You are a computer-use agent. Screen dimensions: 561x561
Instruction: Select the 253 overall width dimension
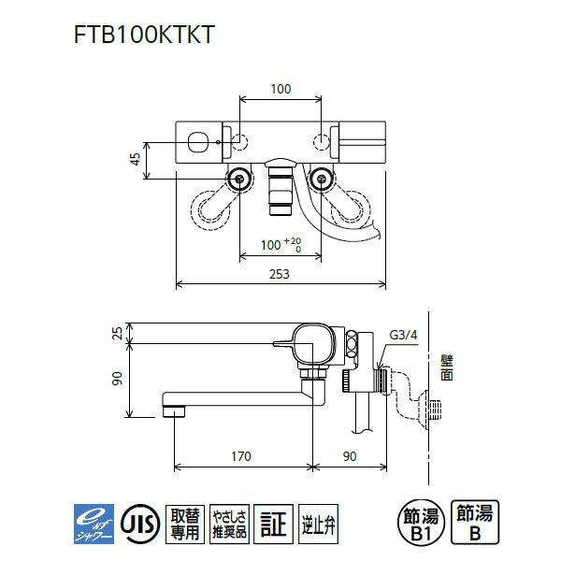280,275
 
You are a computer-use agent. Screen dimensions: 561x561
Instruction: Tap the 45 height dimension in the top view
135,158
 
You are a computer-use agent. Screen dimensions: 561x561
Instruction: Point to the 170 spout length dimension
241,456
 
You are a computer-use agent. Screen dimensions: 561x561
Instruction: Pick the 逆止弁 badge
313,521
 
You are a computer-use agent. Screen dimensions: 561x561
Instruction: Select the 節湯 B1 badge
418,521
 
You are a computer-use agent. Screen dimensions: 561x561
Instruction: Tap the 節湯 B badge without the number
476,521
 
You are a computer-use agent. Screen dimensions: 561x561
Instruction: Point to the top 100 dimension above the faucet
280,89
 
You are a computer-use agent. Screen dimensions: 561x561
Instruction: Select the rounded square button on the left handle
198,142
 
